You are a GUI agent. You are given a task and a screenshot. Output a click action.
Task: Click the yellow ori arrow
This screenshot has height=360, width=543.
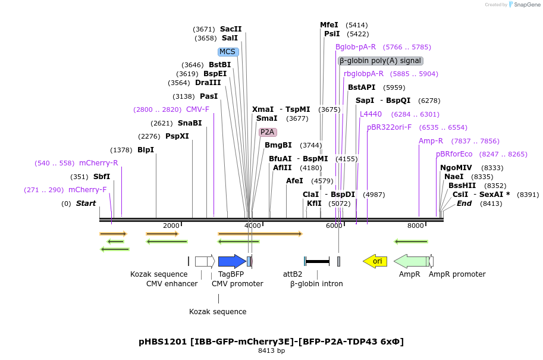(x=375, y=261)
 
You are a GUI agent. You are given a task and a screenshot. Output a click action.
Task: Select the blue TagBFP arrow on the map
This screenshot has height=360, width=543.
(x=231, y=261)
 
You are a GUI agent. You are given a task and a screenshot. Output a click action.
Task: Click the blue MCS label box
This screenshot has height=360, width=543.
(x=228, y=52)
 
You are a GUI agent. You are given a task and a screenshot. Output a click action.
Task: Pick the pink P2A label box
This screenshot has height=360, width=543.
(x=268, y=132)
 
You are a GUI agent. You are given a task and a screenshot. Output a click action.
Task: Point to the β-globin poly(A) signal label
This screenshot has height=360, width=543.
(x=381, y=61)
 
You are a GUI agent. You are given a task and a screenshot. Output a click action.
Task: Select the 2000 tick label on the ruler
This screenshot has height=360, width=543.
(x=171, y=226)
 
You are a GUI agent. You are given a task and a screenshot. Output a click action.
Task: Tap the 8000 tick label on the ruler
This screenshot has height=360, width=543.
(x=415, y=226)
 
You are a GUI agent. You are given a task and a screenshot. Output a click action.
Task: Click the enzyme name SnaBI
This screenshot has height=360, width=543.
(x=190, y=123)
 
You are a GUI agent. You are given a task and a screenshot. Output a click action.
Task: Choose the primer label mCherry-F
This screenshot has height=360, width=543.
(x=87, y=190)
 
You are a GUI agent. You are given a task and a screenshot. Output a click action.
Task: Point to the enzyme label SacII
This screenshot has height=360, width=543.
(x=231, y=29)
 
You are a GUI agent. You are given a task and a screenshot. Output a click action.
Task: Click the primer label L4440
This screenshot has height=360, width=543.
(x=371, y=114)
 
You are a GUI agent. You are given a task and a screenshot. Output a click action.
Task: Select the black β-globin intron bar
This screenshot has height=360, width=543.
(x=318, y=261)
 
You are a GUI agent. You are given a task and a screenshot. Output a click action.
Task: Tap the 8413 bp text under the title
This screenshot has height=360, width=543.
(x=271, y=351)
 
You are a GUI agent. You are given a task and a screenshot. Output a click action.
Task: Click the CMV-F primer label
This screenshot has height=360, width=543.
(x=197, y=109)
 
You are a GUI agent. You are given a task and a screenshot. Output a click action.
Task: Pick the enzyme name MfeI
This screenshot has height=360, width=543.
(x=329, y=25)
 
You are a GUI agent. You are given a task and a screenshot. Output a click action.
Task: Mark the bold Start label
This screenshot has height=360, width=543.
(x=86, y=204)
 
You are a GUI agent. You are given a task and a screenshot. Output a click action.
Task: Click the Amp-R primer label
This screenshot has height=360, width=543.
(x=431, y=141)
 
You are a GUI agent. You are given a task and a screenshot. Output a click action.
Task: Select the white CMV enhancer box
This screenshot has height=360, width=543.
(x=204, y=261)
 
